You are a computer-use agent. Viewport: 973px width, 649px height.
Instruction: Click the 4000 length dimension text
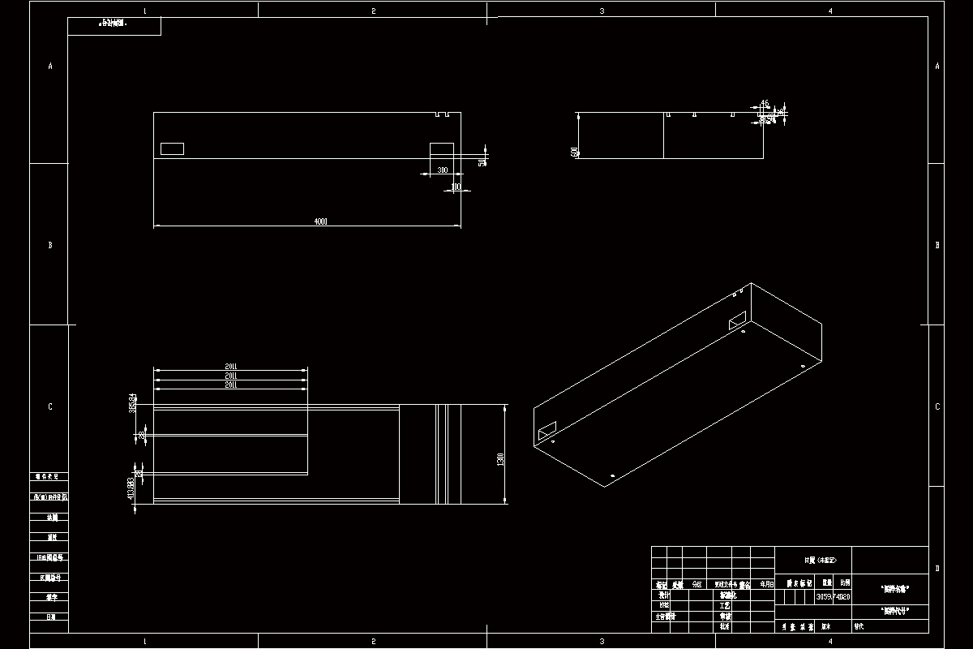321,222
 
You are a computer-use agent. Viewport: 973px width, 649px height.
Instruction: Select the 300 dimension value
442,170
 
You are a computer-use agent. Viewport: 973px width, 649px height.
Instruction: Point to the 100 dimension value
456,187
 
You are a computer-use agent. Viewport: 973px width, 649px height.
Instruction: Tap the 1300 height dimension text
501,459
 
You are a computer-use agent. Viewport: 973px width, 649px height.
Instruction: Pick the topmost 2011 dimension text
231,367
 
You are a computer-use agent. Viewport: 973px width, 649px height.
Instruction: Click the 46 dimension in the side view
764,104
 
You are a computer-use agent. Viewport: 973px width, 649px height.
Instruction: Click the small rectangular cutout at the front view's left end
172,148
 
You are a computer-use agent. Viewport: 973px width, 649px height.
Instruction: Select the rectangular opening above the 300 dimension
442,149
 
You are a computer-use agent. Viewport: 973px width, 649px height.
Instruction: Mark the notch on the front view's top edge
441,114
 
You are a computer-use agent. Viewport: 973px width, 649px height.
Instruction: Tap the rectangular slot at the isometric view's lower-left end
547,430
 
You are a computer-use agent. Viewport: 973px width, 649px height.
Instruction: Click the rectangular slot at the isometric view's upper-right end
736,320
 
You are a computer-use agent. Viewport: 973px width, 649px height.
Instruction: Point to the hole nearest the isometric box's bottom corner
612,475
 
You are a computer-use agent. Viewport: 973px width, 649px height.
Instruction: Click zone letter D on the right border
937,568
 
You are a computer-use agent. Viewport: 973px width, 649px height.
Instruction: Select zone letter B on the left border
50,245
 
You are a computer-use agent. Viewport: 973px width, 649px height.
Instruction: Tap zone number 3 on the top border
602,11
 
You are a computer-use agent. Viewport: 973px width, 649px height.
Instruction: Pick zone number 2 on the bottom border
373,641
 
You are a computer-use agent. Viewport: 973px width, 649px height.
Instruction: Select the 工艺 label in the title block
725,605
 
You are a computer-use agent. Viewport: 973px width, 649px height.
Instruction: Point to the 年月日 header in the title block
767,583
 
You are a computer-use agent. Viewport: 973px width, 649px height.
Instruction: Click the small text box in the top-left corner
114,25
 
